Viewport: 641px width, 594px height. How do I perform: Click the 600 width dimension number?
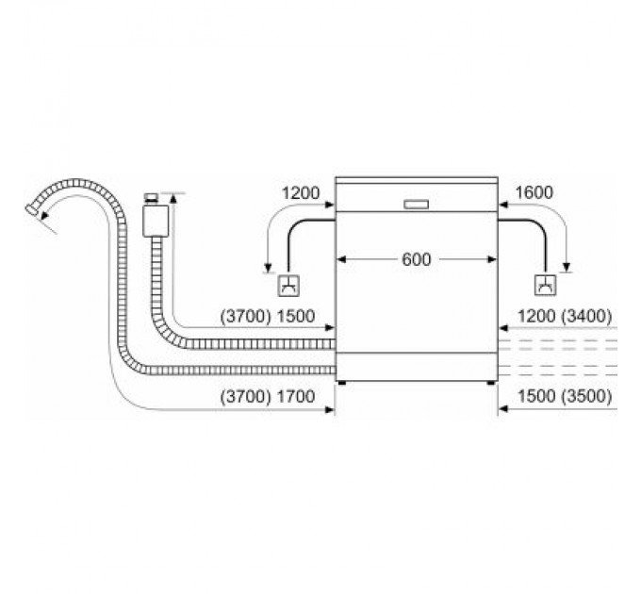(415, 259)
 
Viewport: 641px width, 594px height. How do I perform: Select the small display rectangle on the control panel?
(416, 203)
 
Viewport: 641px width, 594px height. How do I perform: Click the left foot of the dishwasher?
(342, 383)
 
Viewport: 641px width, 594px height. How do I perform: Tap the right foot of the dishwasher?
(489, 383)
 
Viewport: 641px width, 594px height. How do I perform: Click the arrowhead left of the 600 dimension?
(341, 259)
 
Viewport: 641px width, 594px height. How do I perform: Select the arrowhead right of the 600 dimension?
(490, 259)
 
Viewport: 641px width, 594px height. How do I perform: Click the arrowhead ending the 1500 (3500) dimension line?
(502, 409)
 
